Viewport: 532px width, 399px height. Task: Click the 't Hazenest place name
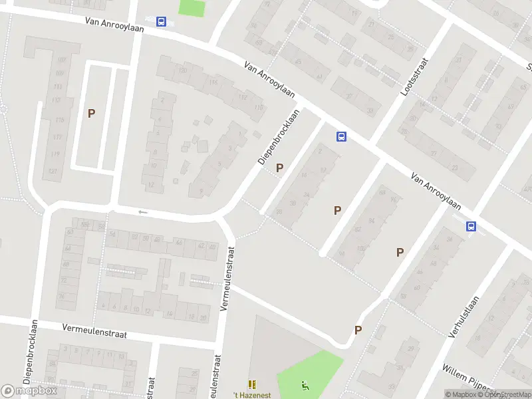pyautogui.click(x=252, y=395)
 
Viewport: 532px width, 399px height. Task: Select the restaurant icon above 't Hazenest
pyautogui.click(x=252, y=384)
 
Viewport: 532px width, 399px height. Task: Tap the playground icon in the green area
pyautogui.click(x=305, y=384)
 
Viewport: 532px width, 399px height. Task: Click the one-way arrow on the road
pyautogui.click(x=141, y=212)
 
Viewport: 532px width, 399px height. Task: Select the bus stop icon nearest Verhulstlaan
pyautogui.click(x=471, y=226)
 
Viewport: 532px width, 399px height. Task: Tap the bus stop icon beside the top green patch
pyautogui.click(x=162, y=21)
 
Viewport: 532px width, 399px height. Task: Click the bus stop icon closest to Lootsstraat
pyautogui.click(x=341, y=137)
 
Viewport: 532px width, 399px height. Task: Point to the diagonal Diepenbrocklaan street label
pyautogui.click(x=278, y=137)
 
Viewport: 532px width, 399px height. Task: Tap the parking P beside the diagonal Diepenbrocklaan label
pyautogui.click(x=279, y=168)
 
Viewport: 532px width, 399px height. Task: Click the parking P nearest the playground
pyautogui.click(x=358, y=330)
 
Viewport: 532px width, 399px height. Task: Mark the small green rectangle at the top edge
pyautogui.click(x=192, y=8)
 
